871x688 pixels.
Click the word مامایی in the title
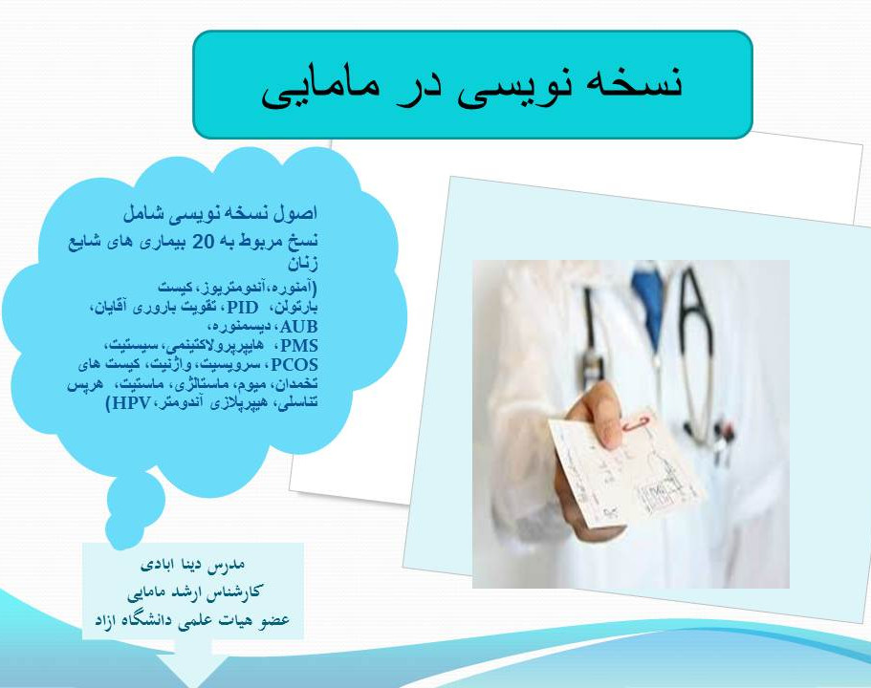click(316, 85)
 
